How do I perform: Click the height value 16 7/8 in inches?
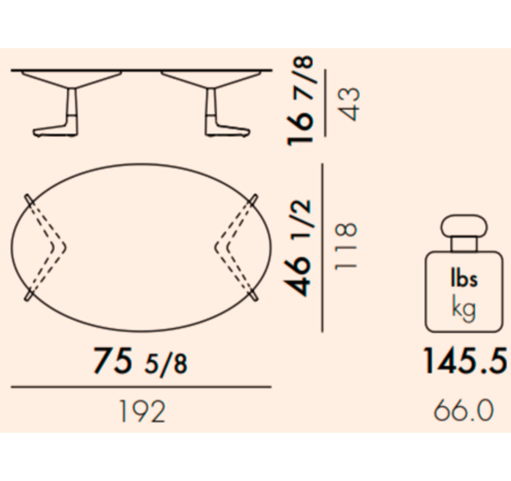301,101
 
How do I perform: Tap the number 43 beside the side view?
348,104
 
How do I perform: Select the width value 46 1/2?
298,248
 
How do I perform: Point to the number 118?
345,246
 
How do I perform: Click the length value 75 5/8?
141,361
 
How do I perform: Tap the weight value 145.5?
465,360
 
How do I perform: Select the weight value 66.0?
464,410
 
